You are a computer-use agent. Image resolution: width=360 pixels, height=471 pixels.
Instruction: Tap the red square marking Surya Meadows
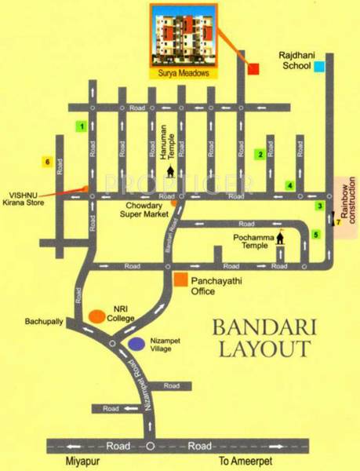253,69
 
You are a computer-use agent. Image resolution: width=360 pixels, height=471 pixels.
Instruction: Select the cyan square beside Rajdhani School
319,67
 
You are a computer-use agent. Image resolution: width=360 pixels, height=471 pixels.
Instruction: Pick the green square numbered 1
79,126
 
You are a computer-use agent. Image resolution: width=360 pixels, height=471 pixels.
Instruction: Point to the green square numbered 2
260,155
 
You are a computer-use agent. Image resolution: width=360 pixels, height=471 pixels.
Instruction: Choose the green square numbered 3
319,206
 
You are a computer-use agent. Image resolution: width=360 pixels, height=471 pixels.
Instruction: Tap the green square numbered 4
289,186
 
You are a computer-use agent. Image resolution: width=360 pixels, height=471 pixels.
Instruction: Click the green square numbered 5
316,234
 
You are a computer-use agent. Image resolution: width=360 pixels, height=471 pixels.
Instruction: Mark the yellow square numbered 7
338,223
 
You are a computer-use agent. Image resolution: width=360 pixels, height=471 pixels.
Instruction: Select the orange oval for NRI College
97,316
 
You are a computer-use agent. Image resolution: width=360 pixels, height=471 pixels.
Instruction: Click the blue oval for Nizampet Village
136,343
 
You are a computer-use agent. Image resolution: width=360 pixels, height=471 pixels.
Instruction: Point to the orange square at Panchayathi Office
180,279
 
